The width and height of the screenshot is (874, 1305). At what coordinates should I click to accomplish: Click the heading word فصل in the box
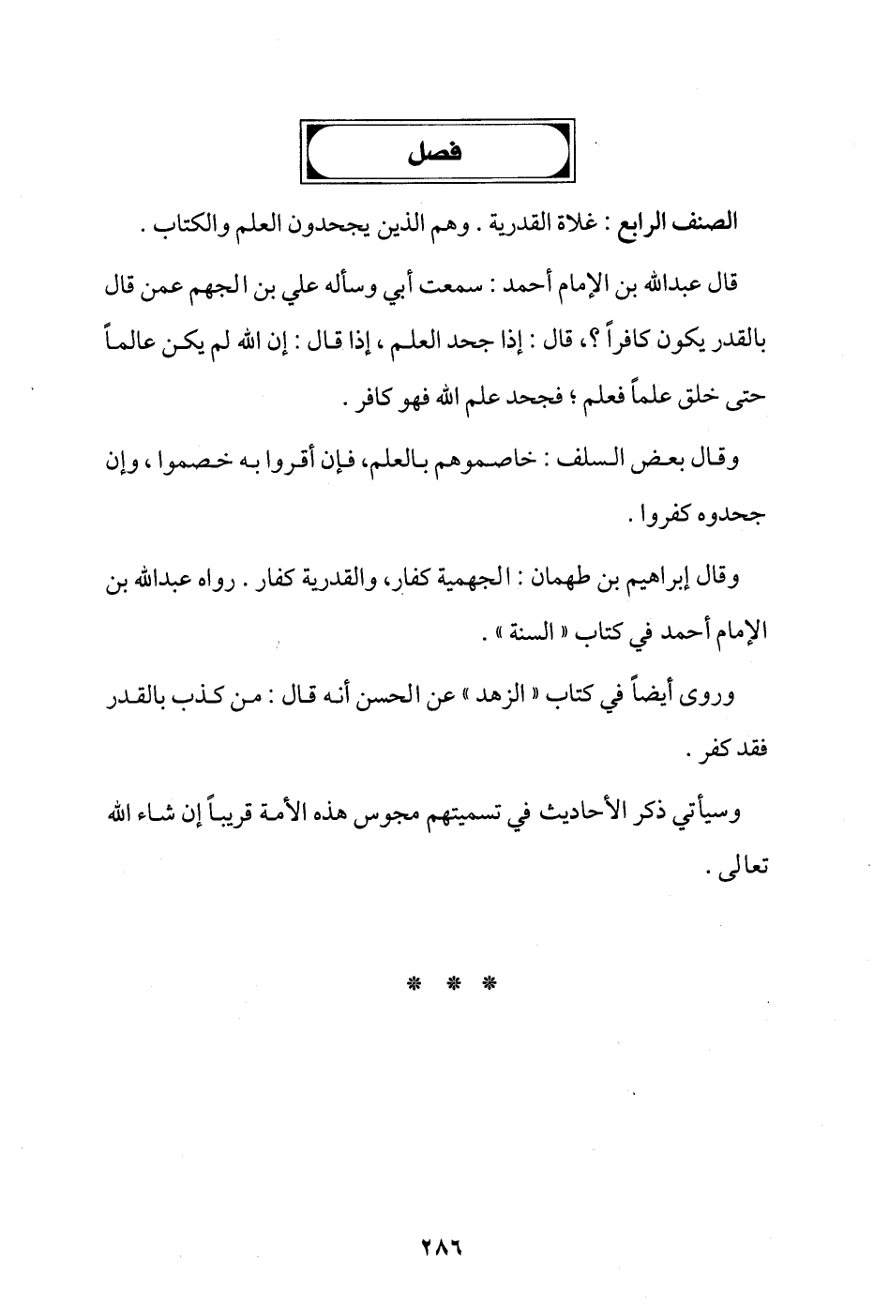pyautogui.click(x=438, y=151)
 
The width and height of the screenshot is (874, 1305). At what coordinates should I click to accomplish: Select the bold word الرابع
pyautogui.click(x=643, y=225)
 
